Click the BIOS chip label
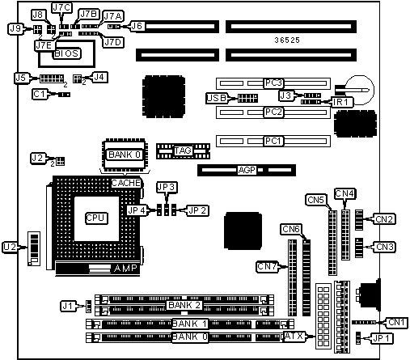pos(66,53)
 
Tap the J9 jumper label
pos(15,28)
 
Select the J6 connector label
pos(137,26)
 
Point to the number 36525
pos(287,40)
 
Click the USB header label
pos(217,98)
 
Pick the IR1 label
pos(342,102)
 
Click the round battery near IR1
pos(360,90)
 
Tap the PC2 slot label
pos(273,112)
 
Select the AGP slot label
pos(247,170)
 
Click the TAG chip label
pos(183,150)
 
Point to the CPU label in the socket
pos(96,218)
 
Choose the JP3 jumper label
pos(167,187)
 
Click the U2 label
pos(11,247)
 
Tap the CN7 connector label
pos(267,267)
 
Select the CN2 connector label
pos(384,219)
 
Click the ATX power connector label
pos(294,337)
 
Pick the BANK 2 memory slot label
pos(184,305)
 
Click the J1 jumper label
pos(67,307)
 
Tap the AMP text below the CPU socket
pos(125,268)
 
